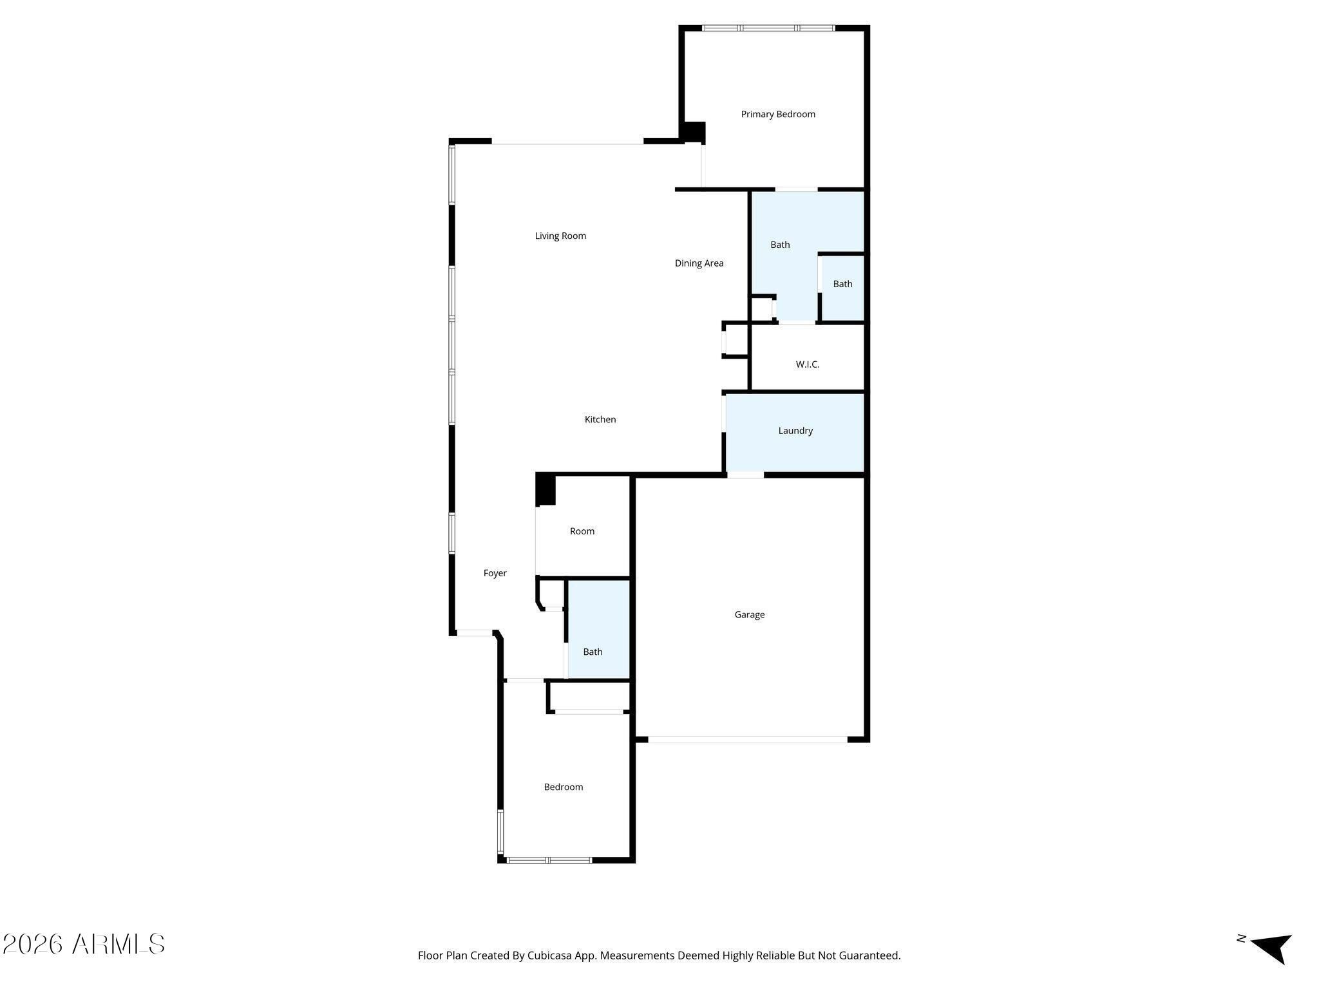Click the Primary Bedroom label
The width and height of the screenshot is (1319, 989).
(x=778, y=114)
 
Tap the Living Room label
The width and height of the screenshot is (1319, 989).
(x=560, y=236)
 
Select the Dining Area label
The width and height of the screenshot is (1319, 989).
(x=699, y=263)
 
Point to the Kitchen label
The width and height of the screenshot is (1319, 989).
(x=600, y=419)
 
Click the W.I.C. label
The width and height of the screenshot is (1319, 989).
(x=808, y=364)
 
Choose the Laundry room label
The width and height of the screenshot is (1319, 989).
(x=795, y=431)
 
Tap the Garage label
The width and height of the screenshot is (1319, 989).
(x=750, y=614)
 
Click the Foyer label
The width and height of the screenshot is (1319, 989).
(x=495, y=573)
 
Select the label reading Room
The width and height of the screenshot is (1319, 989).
(x=582, y=531)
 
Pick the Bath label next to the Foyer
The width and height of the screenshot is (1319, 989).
(x=593, y=652)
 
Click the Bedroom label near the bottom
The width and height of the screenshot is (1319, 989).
(x=564, y=787)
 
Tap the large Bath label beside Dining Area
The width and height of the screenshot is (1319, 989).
(x=780, y=245)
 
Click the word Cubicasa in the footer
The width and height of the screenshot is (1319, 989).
(x=551, y=956)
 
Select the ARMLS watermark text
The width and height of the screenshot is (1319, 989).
(x=84, y=945)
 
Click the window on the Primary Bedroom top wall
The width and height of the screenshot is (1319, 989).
(x=768, y=28)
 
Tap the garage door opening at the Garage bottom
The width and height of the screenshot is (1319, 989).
(x=748, y=739)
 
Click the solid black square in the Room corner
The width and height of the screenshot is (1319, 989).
(x=546, y=489)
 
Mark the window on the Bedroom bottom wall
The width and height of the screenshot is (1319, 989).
(x=549, y=860)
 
